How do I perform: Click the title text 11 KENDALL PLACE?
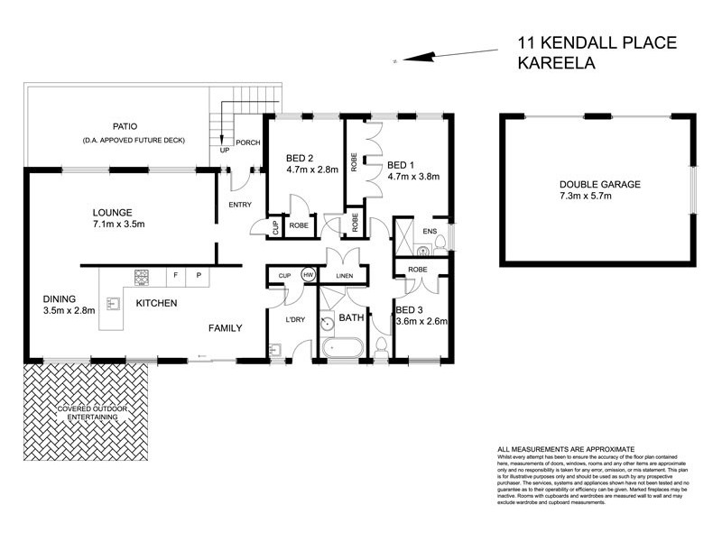pos(596,42)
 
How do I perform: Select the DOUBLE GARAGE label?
pos(599,184)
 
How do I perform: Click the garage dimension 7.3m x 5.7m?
pos(599,197)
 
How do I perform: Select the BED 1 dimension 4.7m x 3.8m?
pos(412,178)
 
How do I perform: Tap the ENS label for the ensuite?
pos(430,232)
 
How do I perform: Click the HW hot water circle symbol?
pos(308,275)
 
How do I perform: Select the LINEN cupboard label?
pos(342,275)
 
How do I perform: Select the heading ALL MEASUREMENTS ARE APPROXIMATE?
pos(566,449)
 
